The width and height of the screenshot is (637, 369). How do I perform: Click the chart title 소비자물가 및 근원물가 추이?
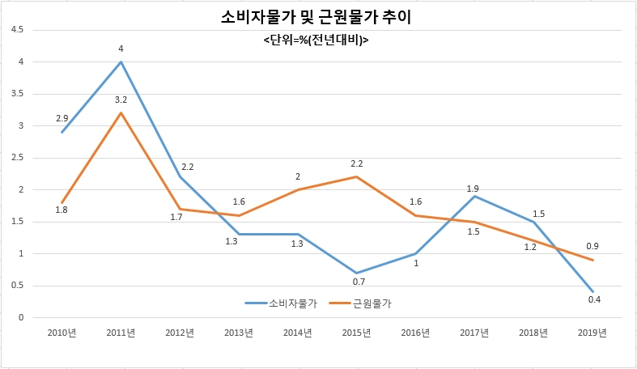[316, 18]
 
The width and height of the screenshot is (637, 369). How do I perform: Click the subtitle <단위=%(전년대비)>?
[316, 40]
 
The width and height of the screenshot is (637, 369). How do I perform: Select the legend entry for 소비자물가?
[281, 303]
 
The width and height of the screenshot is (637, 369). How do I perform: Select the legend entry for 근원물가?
[360, 303]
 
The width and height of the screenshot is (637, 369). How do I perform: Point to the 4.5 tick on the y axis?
[17, 30]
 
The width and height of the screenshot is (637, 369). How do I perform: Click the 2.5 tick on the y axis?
[17, 158]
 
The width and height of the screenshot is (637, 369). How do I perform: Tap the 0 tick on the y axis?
[21, 317]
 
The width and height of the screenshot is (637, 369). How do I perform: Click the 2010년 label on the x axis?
[62, 333]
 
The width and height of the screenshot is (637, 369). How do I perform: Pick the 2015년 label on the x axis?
[356, 333]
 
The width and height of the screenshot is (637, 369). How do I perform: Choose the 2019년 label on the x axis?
[592, 333]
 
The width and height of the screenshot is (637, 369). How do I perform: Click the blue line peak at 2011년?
[121, 61]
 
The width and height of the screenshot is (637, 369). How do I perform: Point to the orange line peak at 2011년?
[121, 112]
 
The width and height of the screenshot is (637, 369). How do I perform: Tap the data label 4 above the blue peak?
[121, 49]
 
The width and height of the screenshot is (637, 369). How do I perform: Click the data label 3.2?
[121, 100]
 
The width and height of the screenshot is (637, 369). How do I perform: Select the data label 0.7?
[359, 282]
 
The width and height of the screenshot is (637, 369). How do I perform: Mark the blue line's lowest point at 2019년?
[593, 291]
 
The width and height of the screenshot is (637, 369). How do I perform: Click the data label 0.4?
[594, 299]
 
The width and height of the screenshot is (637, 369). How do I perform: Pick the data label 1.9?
[473, 189]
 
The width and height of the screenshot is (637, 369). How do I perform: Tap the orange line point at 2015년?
[356, 176]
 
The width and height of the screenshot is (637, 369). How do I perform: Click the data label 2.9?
[62, 118]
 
